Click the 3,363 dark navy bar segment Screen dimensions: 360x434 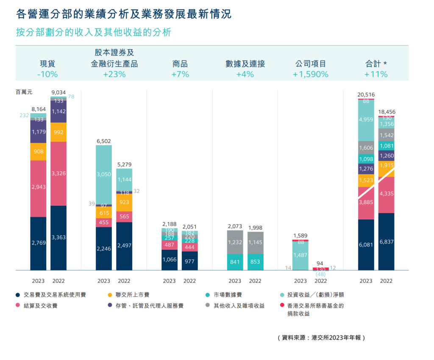coord(58,238)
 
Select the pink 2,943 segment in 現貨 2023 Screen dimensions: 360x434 coord(38,187)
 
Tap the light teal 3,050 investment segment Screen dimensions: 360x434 coord(104,174)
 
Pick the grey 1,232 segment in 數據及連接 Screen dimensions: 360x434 coord(235,242)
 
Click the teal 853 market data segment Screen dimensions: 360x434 coord(255,262)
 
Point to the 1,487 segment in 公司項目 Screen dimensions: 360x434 coord(300,255)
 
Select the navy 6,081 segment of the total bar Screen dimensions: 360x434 coord(366,245)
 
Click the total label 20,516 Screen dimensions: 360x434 coord(366,94)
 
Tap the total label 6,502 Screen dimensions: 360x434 coord(104,141)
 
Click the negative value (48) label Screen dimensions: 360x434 coord(321,274)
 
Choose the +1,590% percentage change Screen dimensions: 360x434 coord(311,74)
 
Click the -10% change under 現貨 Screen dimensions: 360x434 coord(47,74)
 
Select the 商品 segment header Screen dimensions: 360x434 coord(180,64)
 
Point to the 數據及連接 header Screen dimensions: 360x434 coord(245,64)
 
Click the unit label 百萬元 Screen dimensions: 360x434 coord(24,91)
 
